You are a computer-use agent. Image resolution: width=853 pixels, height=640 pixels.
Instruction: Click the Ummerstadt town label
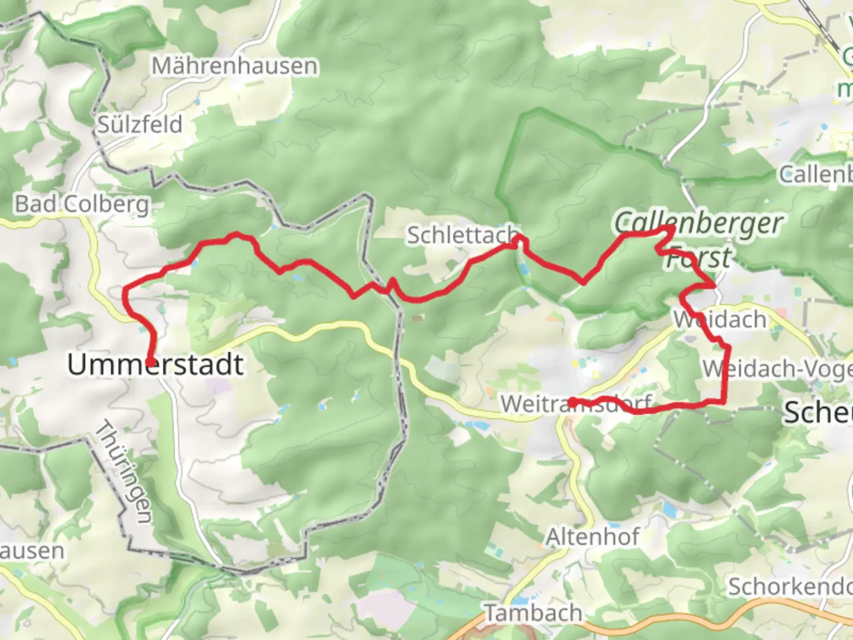coord(155,364)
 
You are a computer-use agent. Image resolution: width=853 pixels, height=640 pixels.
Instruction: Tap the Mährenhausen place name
coord(234,66)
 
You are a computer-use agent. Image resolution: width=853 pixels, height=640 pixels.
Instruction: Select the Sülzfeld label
coord(140,124)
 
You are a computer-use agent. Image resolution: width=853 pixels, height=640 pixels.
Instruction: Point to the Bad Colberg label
coord(82,204)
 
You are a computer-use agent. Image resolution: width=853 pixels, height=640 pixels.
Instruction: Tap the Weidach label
coord(720,319)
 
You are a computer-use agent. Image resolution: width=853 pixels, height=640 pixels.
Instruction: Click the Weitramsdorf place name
coord(576,404)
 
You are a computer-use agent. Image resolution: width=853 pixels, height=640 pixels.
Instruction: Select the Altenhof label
coord(592,537)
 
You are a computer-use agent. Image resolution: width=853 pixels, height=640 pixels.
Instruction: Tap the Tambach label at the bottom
coord(533,613)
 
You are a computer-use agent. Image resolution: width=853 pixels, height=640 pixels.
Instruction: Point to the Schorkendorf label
coord(790,587)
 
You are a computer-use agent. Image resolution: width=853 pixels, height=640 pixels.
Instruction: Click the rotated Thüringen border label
coord(124,472)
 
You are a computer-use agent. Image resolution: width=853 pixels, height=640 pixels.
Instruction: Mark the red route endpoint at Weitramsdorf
coord(572,402)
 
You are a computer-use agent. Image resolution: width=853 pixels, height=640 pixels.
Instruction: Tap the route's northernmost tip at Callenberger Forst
coord(672,228)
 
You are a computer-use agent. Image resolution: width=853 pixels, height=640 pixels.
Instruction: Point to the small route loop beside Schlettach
coord(519,239)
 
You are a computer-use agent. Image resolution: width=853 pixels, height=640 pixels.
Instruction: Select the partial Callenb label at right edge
coord(815,174)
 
